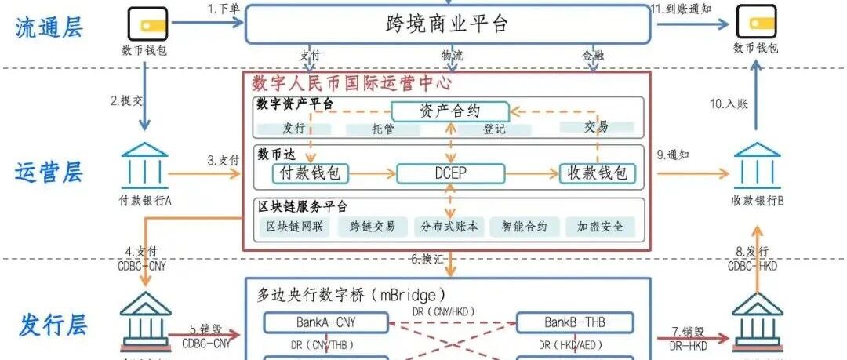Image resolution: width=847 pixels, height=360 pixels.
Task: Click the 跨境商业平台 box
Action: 447,24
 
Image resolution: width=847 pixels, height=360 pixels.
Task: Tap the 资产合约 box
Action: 450,111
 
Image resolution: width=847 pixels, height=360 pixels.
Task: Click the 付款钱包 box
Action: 311,173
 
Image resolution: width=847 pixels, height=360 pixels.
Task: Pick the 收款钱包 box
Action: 597,173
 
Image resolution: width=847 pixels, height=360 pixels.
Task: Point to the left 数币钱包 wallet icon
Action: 146,24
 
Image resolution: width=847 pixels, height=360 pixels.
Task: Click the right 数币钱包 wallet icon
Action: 756,23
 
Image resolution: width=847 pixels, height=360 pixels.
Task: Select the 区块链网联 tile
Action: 293,227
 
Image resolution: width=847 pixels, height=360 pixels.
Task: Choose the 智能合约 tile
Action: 525,227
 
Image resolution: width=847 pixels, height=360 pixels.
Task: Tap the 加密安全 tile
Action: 600,227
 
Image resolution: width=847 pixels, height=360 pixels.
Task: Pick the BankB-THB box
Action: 574,322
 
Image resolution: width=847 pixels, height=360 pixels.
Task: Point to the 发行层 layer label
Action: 49,325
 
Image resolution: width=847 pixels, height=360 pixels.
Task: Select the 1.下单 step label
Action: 224,9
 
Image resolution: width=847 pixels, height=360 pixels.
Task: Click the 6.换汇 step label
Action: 427,260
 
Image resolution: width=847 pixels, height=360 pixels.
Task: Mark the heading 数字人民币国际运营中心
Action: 351,83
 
